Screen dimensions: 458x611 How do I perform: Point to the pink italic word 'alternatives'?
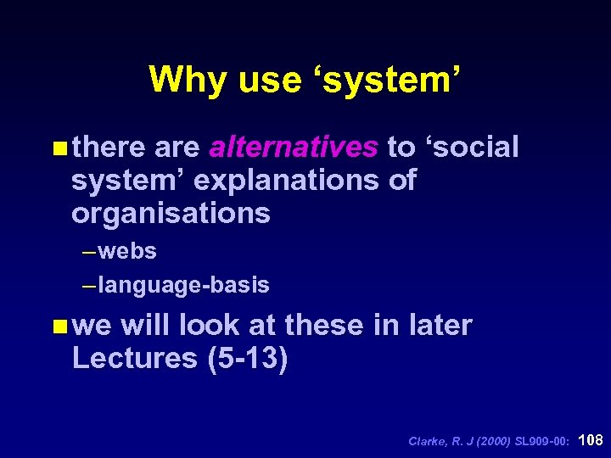[294, 148]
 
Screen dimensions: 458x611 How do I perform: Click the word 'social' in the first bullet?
[476, 148]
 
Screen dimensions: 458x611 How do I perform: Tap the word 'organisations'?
[171, 214]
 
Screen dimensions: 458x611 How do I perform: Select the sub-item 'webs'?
[127, 252]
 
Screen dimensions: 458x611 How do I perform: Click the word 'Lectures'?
[135, 358]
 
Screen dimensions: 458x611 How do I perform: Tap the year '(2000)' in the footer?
[493, 441]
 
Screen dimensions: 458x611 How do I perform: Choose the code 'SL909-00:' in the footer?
[543, 441]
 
